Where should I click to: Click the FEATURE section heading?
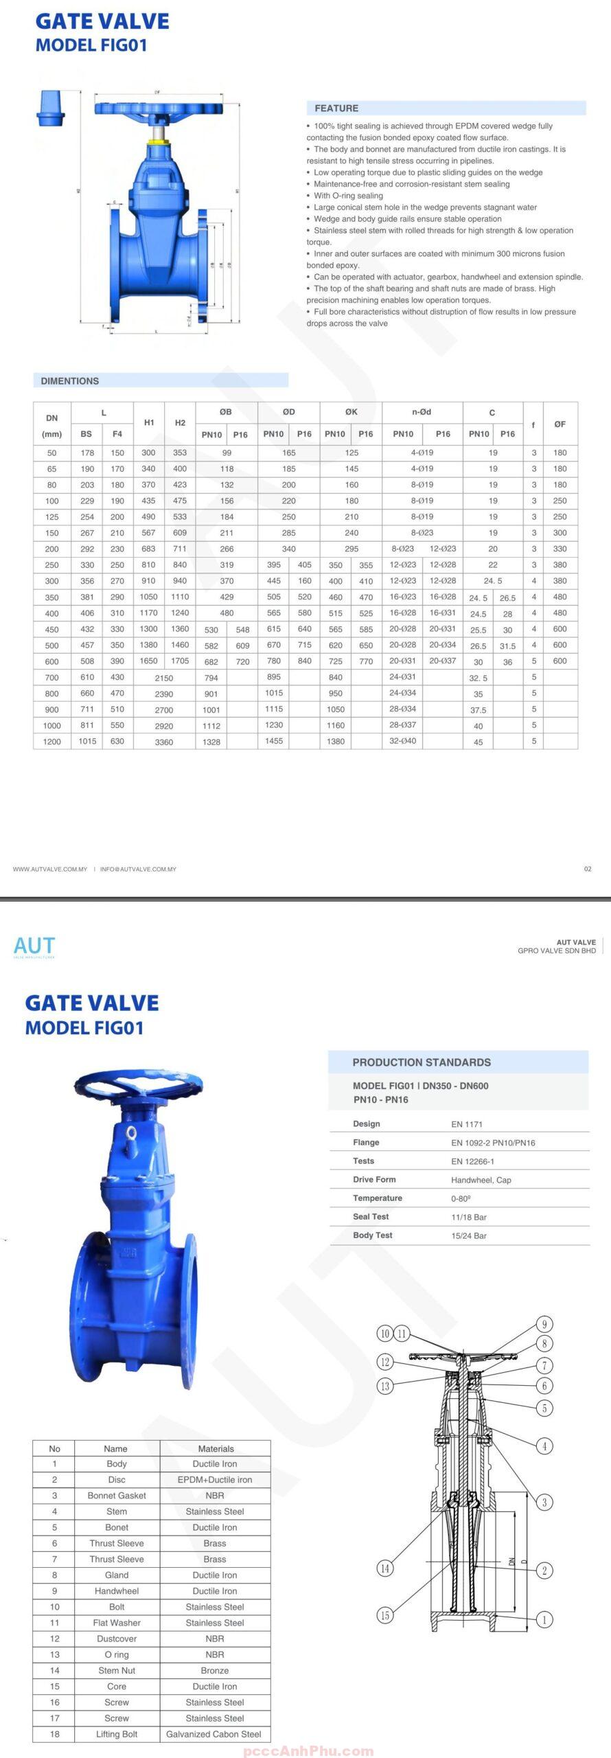336,109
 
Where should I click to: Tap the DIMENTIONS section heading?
69,381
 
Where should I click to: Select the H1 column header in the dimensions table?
149,423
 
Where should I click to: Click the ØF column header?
560,424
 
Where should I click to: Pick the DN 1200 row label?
52,742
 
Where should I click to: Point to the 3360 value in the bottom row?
164,742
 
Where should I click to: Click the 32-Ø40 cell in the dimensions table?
403,741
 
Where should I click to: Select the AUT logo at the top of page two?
34,947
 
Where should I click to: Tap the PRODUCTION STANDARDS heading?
422,1062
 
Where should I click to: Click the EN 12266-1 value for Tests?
472,1161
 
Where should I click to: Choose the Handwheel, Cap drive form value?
481,1180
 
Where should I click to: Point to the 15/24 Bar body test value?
469,1235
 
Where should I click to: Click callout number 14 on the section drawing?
385,1568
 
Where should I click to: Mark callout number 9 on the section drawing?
544,1325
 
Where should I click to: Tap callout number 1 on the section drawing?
544,1620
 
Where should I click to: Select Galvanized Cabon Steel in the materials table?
214,1734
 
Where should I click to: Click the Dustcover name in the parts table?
117,1639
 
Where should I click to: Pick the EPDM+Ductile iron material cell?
215,1480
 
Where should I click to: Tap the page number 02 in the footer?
588,869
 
